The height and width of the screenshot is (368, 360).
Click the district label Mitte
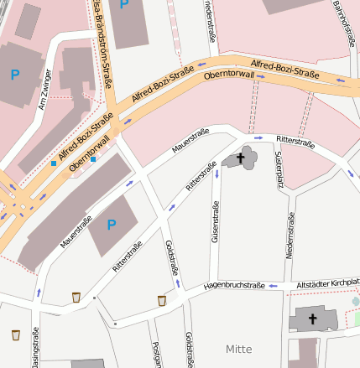(x=238, y=348)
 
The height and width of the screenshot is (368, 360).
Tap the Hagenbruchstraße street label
(x=234, y=286)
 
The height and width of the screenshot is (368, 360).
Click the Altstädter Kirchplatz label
(x=328, y=283)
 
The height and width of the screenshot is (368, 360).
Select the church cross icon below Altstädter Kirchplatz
(x=312, y=319)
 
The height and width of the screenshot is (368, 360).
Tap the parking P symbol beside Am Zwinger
(x=14, y=75)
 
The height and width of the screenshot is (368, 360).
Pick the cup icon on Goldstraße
(x=162, y=300)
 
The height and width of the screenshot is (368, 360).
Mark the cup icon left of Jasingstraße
(x=16, y=335)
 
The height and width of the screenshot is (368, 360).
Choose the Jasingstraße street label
(x=36, y=348)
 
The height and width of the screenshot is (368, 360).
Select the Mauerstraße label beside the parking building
(x=76, y=231)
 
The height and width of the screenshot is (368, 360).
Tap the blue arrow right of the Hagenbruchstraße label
(x=273, y=286)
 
